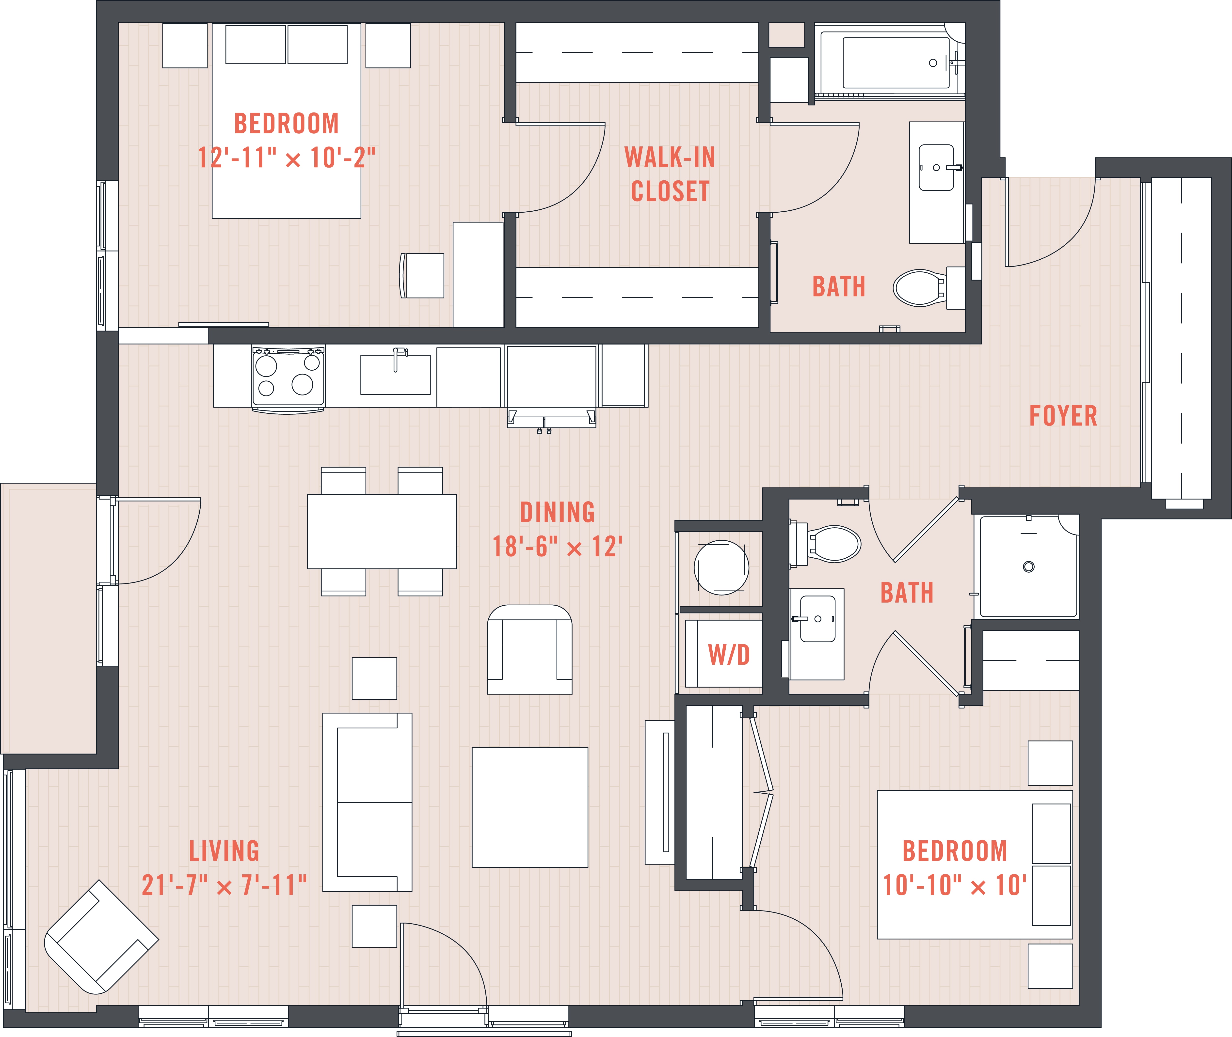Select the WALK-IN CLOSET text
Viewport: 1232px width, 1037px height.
[670, 174]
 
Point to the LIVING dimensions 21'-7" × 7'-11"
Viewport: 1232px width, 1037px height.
[224, 885]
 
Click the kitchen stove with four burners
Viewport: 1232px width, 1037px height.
[288, 378]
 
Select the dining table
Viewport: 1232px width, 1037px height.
[382, 532]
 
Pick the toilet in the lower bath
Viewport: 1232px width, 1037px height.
[825, 543]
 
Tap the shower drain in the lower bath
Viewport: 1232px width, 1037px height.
[1028, 567]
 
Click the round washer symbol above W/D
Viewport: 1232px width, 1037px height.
[721, 567]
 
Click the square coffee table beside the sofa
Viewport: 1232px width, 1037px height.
[530, 807]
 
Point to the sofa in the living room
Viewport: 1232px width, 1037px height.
[368, 802]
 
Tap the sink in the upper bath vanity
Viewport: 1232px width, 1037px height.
[936, 168]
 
